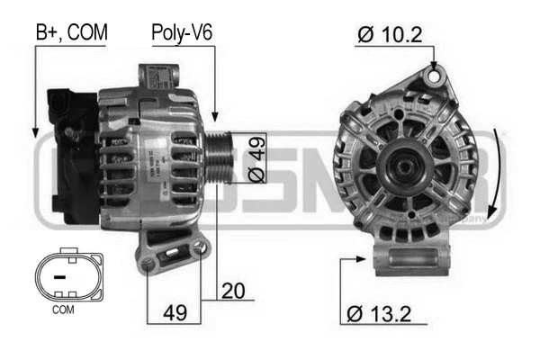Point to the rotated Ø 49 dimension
tap(255, 159)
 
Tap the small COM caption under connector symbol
tap(63, 310)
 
